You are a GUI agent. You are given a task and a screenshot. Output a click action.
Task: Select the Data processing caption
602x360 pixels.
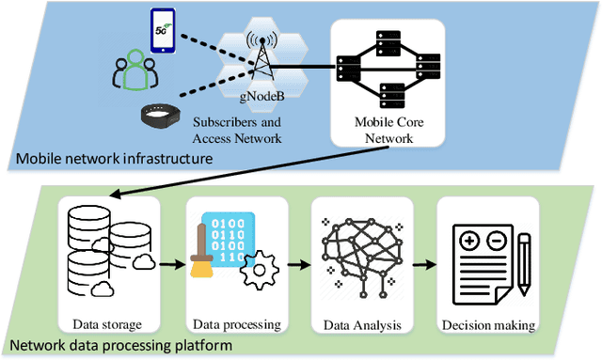pos(237,324)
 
